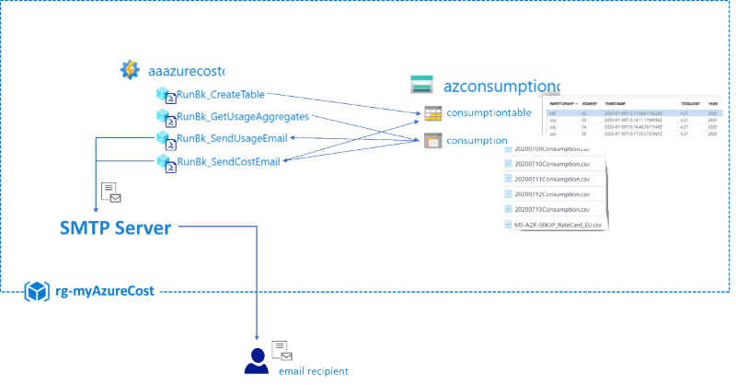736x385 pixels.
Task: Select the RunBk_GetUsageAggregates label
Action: coord(243,116)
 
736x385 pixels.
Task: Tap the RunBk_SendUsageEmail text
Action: coord(232,139)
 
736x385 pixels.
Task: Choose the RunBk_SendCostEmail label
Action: coord(228,162)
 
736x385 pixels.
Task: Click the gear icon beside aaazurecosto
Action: coord(130,69)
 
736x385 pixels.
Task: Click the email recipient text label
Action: coord(313,371)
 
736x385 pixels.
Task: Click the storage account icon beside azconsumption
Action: coord(421,85)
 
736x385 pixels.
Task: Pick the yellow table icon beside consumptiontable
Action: coord(432,114)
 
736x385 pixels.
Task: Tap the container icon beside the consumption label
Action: coord(432,142)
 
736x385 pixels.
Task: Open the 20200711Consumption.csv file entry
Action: coord(552,179)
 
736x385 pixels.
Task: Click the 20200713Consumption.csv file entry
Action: coord(552,209)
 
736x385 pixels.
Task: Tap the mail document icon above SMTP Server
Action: coord(111,192)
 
